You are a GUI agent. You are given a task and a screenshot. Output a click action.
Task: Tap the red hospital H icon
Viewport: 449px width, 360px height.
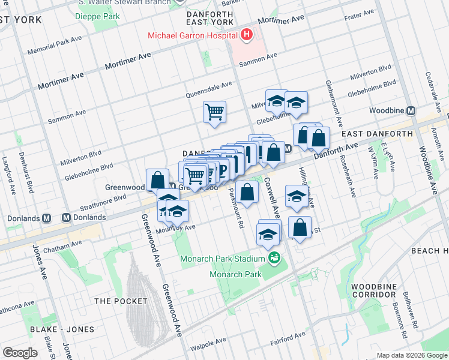[246, 35]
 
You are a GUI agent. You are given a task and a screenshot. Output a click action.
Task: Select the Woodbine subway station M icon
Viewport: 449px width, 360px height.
[411, 111]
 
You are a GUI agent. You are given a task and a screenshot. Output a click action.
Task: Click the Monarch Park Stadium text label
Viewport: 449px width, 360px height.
[223, 259]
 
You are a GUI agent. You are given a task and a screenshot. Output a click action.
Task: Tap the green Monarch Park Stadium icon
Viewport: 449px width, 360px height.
[275, 258]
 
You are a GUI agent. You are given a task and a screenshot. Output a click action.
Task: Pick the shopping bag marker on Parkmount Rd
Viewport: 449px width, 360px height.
[247, 193]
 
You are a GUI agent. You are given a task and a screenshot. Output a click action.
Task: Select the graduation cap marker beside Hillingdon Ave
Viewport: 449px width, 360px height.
[297, 197]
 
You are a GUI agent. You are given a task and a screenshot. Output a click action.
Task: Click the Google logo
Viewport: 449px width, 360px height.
[20, 353]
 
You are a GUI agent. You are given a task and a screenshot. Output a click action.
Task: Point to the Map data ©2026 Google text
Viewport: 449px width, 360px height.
[411, 355]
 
